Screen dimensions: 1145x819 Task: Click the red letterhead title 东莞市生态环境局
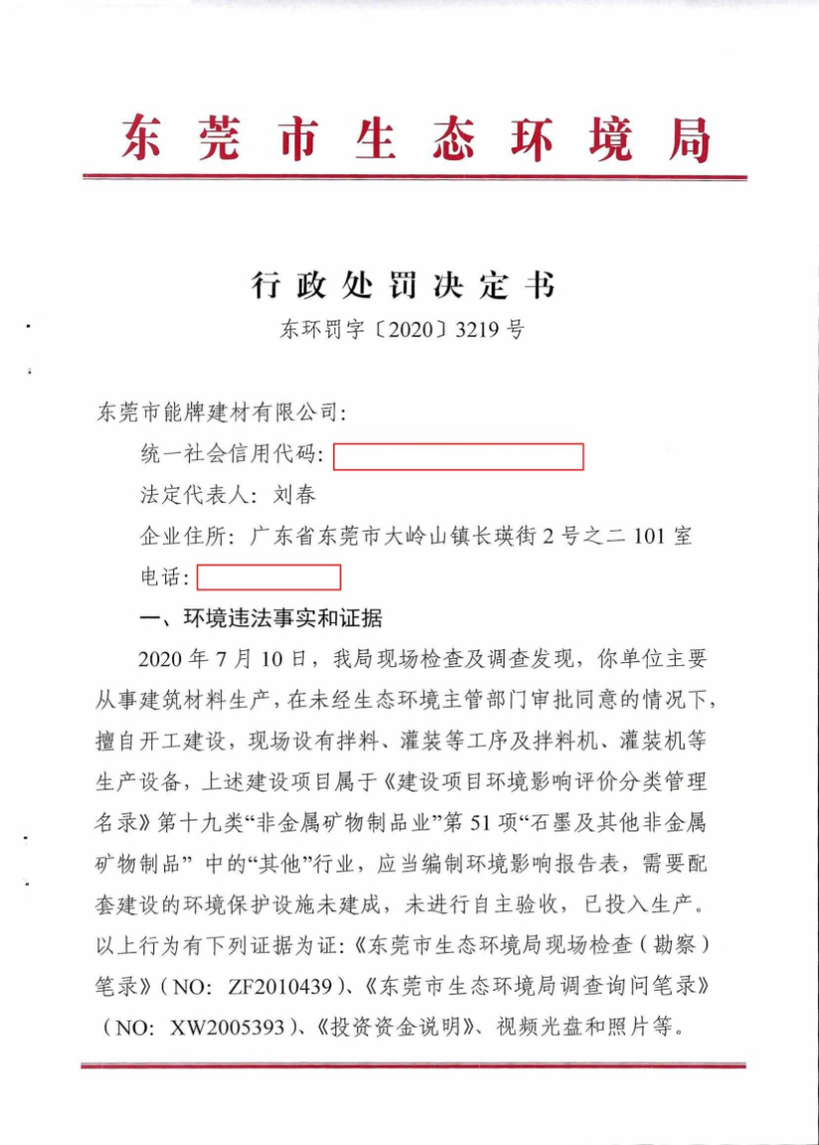pyautogui.click(x=415, y=138)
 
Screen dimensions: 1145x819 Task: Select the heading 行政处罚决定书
pyautogui.click(x=402, y=287)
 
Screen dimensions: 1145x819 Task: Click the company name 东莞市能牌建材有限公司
pyautogui.click(x=218, y=411)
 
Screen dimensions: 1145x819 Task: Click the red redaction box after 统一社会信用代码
pyautogui.click(x=458, y=457)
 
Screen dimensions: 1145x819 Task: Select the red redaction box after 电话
pyautogui.click(x=269, y=577)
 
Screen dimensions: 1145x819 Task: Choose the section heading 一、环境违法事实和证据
pyautogui.click(x=262, y=619)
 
